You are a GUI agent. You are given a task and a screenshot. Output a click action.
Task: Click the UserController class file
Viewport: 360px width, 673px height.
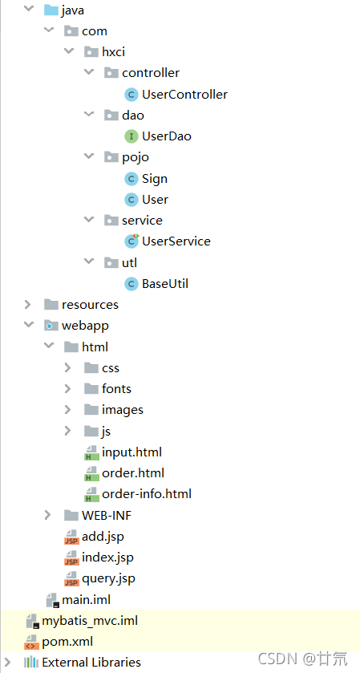coord(184,95)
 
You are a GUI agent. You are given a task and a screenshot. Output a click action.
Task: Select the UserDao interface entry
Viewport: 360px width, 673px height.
coord(166,136)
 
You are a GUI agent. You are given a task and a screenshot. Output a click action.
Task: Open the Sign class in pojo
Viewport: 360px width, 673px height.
coord(154,178)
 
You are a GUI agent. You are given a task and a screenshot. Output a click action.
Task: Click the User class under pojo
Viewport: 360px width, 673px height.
coord(155,199)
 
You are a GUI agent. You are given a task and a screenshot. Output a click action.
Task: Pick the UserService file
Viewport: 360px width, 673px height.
coord(176,241)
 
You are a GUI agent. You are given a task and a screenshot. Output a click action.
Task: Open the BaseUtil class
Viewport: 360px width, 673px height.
coord(165,283)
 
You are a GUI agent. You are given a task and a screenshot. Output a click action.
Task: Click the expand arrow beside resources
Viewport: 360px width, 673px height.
coord(28,305)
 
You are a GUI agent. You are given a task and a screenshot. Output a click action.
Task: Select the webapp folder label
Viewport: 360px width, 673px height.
coord(85,326)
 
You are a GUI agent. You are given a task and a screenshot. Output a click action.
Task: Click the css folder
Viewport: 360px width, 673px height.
coord(110,367)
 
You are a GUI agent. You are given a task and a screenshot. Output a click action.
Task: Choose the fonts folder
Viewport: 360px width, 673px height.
coord(115,388)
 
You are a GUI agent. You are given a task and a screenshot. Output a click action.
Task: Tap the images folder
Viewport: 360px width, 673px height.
coord(122,410)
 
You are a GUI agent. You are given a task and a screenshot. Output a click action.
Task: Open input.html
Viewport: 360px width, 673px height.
coord(131,452)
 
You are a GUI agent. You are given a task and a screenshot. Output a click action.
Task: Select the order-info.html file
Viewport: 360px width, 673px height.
coord(146,494)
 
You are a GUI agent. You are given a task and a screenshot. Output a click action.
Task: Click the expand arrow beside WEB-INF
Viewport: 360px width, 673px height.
coord(48,515)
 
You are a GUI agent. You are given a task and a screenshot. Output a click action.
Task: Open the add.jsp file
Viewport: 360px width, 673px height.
coord(102,536)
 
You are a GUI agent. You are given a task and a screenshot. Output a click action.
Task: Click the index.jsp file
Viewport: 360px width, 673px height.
coord(107,557)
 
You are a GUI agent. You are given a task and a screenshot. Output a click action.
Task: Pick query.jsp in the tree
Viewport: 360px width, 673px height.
coord(108,578)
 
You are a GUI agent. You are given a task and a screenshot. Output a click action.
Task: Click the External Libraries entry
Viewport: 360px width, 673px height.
coord(91,663)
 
